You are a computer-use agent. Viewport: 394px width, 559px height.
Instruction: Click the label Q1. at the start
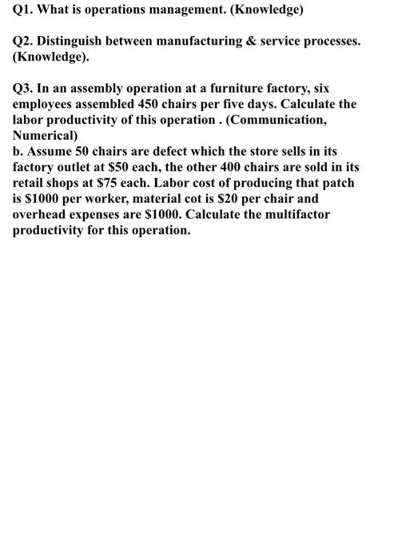click(x=22, y=12)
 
